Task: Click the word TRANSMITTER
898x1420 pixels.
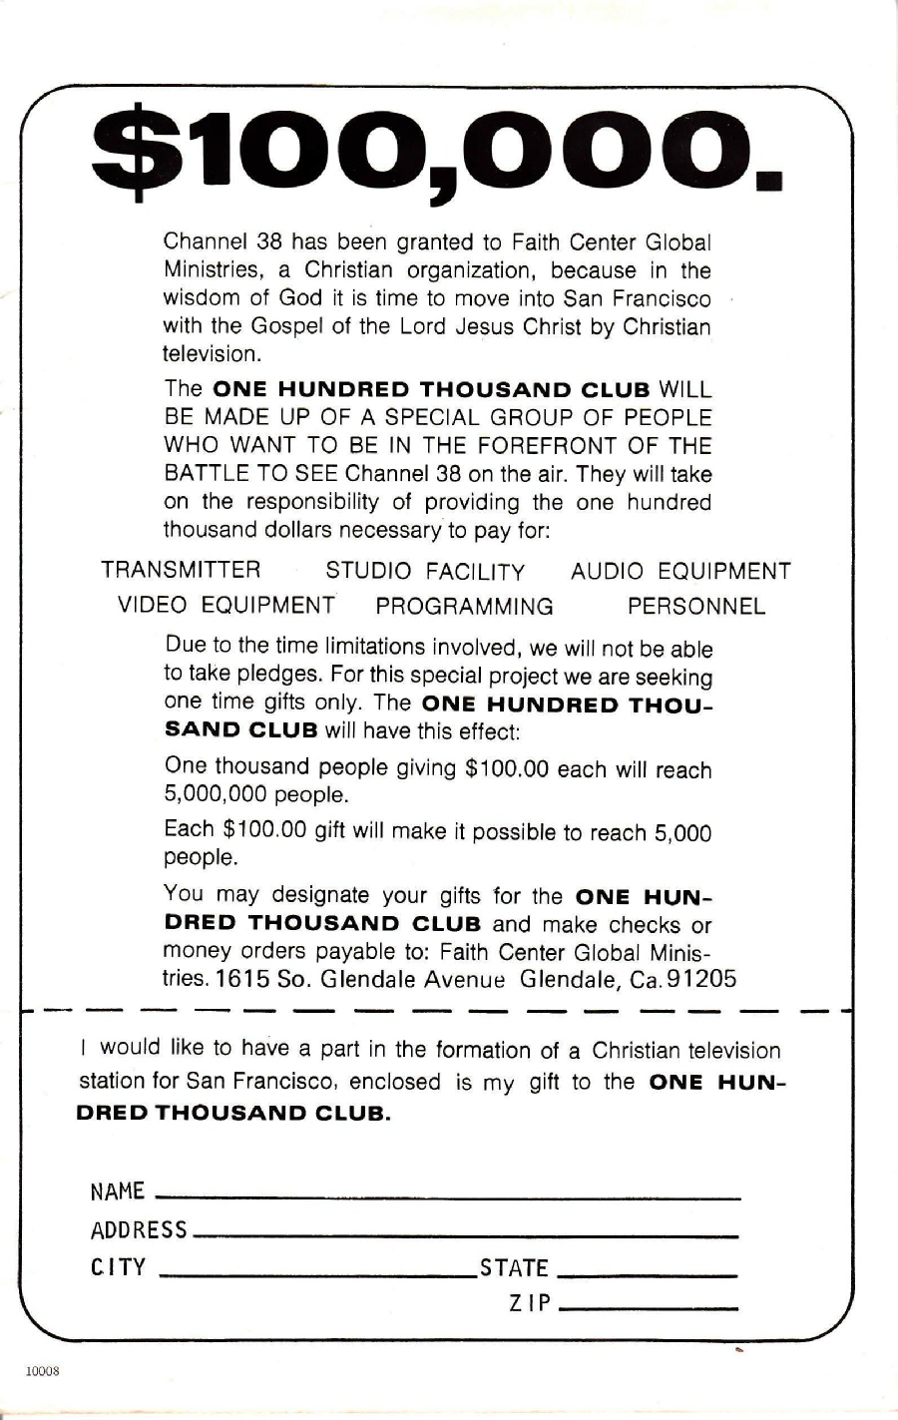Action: (181, 571)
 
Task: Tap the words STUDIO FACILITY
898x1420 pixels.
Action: (425, 572)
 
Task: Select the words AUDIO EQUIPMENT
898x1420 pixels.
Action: (680, 572)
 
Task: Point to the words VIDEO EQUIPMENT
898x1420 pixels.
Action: (226, 606)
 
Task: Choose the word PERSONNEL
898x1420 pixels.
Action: (696, 607)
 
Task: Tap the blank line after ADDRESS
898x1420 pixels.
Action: (464, 1233)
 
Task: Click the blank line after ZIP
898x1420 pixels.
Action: (649, 1306)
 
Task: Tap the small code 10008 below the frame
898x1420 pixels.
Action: (43, 1371)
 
